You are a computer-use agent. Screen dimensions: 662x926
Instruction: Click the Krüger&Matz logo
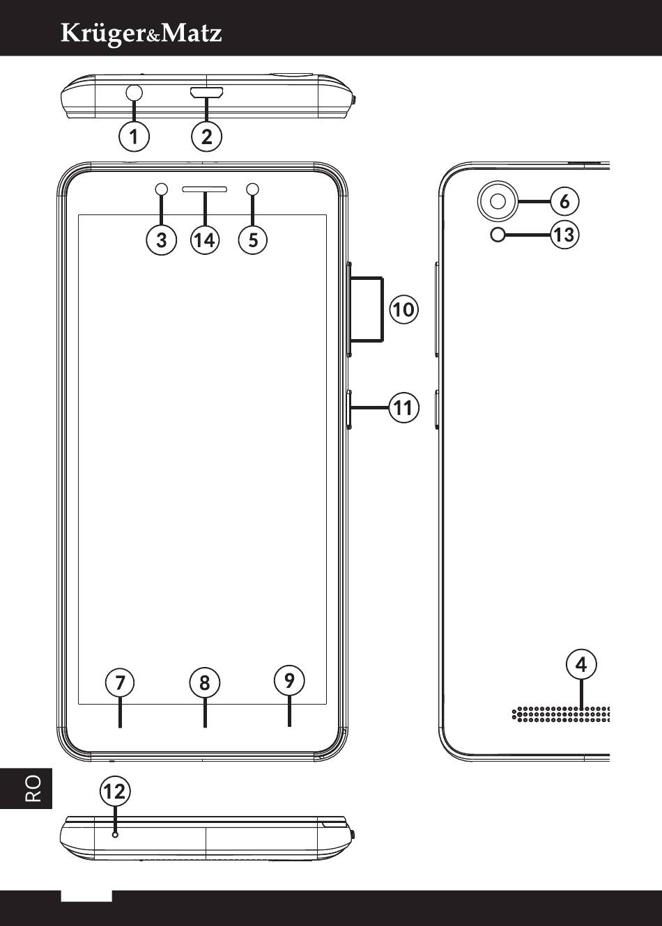click(141, 33)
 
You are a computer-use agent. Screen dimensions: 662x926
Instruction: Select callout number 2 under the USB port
click(206, 136)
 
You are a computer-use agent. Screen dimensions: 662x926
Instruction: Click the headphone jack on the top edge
click(134, 92)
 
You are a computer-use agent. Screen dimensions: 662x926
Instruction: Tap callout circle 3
click(162, 240)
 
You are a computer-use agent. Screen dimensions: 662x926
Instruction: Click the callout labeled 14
click(205, 240)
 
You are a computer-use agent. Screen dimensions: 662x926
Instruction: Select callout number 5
click(253, 240)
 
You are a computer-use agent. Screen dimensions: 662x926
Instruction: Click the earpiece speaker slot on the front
click(205, 189)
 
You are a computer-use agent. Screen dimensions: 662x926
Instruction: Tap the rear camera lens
click(498, 201)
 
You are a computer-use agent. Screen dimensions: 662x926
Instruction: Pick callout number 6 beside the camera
click(564, 201)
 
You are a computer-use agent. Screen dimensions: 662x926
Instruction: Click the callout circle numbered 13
click(564, 235)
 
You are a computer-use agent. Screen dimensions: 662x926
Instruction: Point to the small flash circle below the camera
click(498, 235)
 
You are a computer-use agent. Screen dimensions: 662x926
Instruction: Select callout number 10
click(403, 308)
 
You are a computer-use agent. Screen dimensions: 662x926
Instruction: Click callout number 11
click(403, 407)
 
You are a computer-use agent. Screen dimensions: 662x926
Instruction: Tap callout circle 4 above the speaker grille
click(581, 665)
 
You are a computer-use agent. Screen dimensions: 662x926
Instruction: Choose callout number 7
click(120, 683)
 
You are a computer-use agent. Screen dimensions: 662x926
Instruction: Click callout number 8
click(204, 683)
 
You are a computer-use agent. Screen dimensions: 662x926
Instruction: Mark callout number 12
click(114, 792)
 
